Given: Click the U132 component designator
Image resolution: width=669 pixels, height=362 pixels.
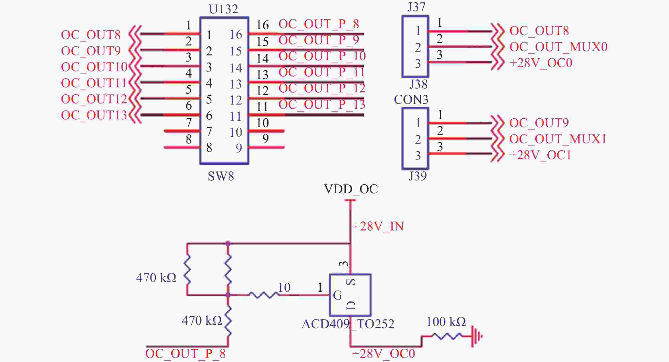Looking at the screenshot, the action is (x=223, y=9).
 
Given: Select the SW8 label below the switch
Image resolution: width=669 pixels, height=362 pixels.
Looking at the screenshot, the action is (x=221, y=176).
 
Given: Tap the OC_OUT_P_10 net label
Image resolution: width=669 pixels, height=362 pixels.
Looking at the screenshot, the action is (x=322, y=56).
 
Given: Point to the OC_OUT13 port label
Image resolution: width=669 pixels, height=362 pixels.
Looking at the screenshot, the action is (x=94, y=115).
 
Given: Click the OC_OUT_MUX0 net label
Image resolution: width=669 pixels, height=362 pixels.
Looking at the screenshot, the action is (x=558, y=47).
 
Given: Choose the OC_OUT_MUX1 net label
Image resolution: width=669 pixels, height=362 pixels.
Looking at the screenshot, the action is (x=558, y=139).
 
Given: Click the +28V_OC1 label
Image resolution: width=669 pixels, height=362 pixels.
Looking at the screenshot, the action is (x=540, y=155).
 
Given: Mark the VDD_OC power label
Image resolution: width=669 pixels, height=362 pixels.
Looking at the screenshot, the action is (x=351, y=189).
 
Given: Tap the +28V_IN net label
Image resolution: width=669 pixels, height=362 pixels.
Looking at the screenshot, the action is (x=378, y=226).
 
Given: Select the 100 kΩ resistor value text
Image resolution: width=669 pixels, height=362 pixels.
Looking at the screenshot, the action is (x=446, y=322).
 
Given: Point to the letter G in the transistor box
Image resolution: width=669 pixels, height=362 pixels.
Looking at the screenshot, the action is (x=337, y=295).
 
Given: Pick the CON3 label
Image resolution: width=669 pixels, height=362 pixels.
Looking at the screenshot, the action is (x=411, y=100).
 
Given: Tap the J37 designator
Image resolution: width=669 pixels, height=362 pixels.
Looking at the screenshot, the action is (x=417, y=7).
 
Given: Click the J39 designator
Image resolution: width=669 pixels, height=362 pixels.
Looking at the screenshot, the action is (x=418, y=176).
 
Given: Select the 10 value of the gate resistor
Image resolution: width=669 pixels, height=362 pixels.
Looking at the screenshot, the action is (x=284, y=288).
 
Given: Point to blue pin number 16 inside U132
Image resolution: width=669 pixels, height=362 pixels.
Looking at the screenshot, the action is (x=236, y=35).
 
